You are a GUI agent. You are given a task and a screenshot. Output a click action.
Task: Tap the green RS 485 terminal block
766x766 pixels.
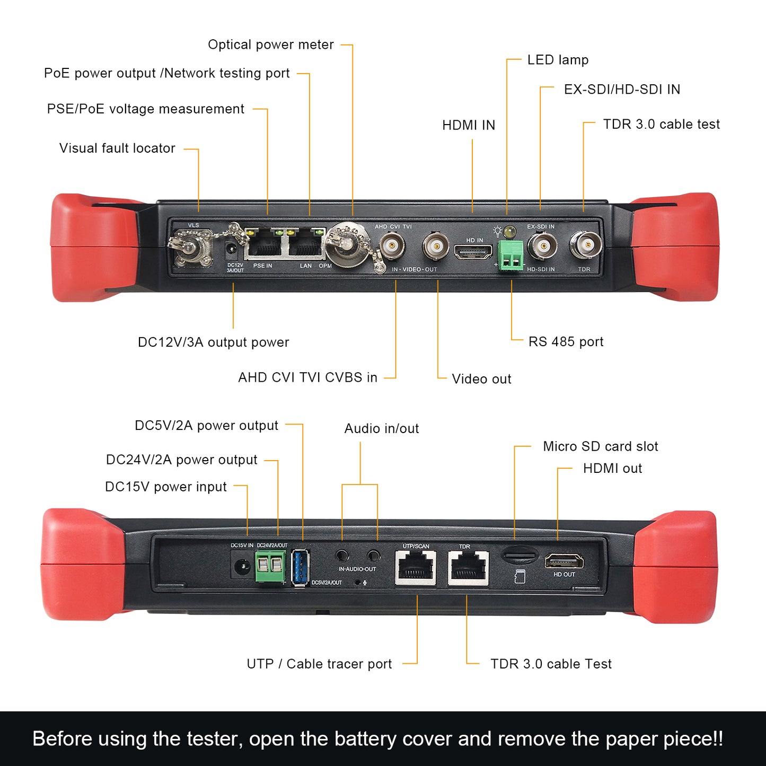tap(510, 256)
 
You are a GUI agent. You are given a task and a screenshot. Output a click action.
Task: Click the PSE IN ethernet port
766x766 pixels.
tap(265, 245)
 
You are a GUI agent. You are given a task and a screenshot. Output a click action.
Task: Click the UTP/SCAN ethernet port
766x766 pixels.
tap(416, 568)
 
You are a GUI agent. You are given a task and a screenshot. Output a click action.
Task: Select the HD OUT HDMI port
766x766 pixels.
tap(564, 561)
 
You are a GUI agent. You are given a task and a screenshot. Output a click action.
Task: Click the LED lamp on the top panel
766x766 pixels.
tap(510, 232)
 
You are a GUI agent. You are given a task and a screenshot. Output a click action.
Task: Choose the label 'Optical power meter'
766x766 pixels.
tap(270, 45)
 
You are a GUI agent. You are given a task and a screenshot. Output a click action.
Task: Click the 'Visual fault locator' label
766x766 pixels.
tap(117, 148)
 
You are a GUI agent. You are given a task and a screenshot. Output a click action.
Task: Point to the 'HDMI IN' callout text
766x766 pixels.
tap(469, 126)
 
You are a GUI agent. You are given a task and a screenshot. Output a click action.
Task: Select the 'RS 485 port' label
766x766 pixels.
tap(566, 342)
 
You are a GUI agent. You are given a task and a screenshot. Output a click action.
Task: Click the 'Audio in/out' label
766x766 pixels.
tap(381, 428)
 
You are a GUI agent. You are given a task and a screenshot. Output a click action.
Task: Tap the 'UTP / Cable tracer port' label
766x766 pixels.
tap(319, 664)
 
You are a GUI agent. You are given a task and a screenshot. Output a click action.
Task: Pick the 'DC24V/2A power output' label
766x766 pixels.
tap(181, 460)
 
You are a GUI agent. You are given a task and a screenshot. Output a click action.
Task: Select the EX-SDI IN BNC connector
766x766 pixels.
tap(542, 246)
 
